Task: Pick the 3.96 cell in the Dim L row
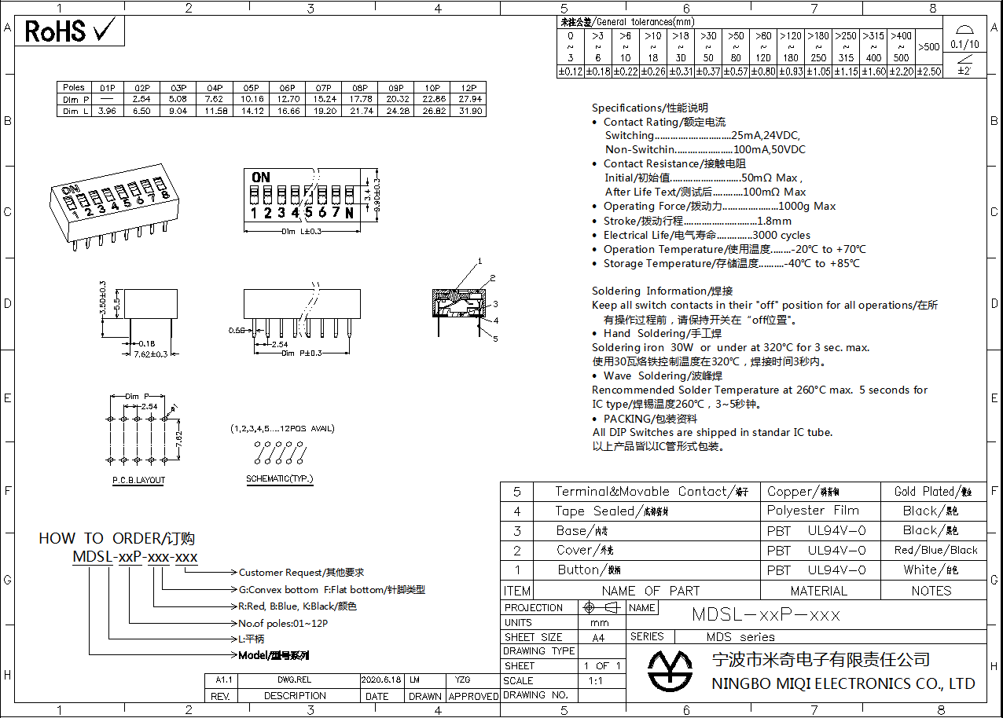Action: coord(107,112)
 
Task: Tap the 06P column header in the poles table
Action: coord(287,87)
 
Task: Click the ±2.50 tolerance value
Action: coord(928,71)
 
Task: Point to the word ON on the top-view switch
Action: coord(260,178)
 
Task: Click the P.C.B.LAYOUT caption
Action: coord(138,480)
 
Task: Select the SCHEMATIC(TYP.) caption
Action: coord(279,478)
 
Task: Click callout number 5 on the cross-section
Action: coord(495,339)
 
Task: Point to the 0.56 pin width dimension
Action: coord(236,330)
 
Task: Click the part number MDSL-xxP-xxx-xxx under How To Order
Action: coord(135,557)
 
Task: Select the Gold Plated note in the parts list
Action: coord(933,492)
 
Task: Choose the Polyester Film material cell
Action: coord(813,511)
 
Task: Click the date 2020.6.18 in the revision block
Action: coord(381,680)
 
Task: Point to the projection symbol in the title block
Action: coord(601,608)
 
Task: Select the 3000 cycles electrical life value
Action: coord(781,235)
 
